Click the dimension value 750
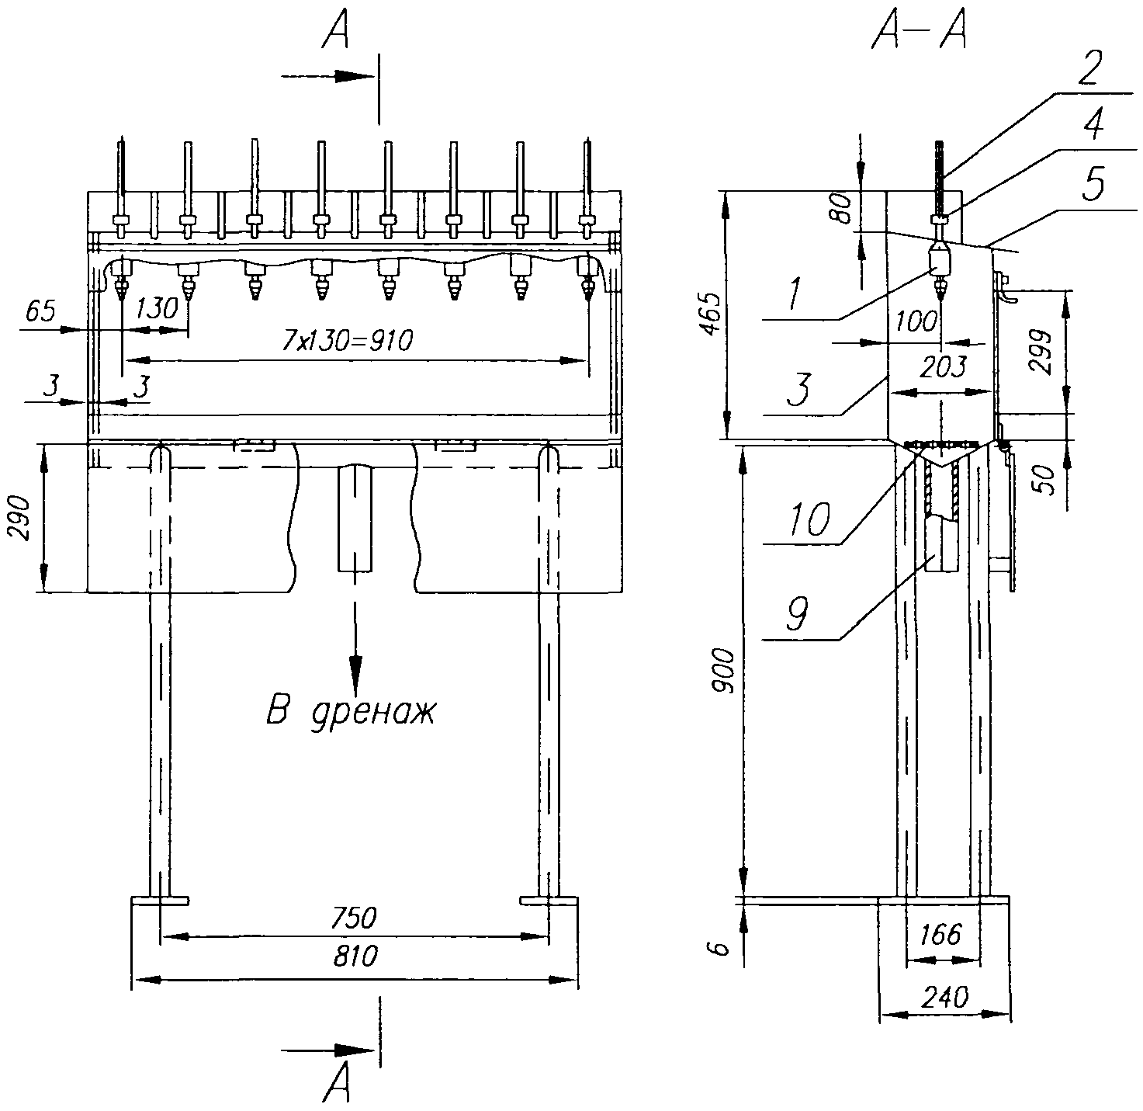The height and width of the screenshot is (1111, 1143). click(354, 918)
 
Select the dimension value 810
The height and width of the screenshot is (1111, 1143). click(355, 957)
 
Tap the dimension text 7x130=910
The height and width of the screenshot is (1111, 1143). click(348, 341)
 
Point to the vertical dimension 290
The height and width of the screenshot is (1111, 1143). click(21, 518)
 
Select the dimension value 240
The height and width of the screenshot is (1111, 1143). click(944, 997)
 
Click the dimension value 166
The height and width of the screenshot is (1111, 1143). click(941, 935)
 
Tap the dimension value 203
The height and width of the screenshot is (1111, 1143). click(944, 367)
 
